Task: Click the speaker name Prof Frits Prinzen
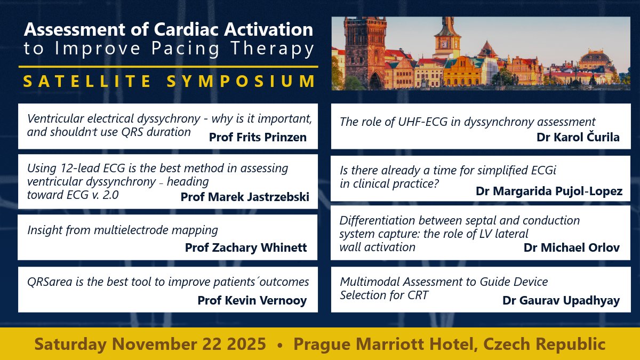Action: coord(258,137)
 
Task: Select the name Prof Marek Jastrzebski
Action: coord(245,197)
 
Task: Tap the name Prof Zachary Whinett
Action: coord(246,247)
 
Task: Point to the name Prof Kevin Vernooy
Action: coord(252,300)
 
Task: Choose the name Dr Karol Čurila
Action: coord(578,137)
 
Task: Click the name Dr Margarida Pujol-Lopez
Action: coord(549,191)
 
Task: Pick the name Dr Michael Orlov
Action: coord(572,247)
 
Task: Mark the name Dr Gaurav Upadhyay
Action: coord(561,300)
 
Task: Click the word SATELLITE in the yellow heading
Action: coord(80,81)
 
